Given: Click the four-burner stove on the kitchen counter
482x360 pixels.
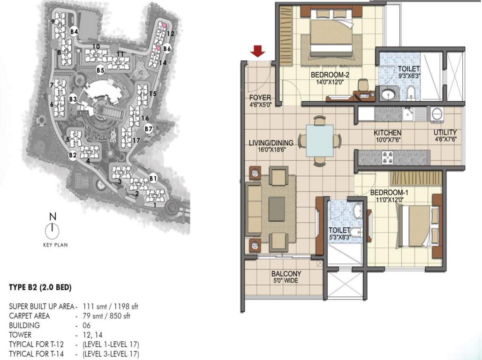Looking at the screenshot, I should click(x=389, y=157).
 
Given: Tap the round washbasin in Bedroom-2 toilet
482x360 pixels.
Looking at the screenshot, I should click(x=388, y=95).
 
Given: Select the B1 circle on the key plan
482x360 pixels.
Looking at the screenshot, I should click(x=152, y=178).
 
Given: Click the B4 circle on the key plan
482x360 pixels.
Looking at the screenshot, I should click(x=74, y=31).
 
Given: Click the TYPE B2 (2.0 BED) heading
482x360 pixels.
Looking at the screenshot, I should click(x=40, y=286).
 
